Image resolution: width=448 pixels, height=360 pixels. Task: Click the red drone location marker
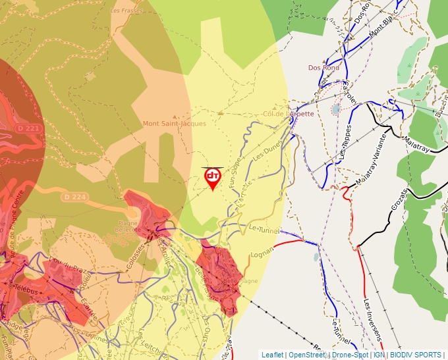[x=212, y=178]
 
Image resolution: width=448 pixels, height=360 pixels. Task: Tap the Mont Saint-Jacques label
[x=174, y=123]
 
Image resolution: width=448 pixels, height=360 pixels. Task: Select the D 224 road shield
[x=74, y=197]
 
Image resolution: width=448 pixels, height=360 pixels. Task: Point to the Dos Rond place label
[x=323, y=68]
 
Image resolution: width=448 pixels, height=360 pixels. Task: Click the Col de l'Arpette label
[x=289, y=113]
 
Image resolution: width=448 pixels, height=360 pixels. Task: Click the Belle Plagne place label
[x=241, y=281]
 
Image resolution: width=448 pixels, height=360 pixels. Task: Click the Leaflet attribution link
[x=272, y=355]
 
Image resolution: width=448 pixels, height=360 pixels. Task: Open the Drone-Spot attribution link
[x=350, y=355]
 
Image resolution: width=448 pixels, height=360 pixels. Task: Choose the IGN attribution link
[x=379, y=355]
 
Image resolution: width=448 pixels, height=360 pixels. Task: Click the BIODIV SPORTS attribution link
[x=416, y=355]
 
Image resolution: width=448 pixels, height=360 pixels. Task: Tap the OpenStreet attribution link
[x=307, y=355]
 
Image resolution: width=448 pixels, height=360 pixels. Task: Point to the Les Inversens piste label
[x=372, y=320]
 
